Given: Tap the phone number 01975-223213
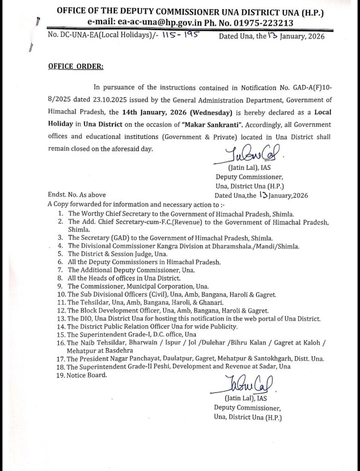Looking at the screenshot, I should coord(264,23).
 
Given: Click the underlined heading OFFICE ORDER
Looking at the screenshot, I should coord(76,67).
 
